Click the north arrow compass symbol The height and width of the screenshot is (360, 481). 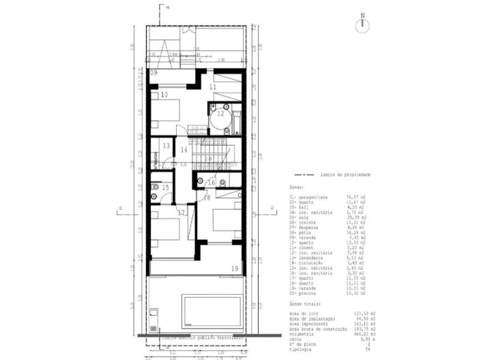point(362,24)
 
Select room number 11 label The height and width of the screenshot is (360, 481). point(212,87)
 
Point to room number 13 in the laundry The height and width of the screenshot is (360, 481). point(165,146)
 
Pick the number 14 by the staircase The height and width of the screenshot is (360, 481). point(183,150)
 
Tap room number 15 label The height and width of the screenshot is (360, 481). point(164,187)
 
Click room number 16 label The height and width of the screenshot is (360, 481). point(212,182)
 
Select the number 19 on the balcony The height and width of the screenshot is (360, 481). point(235,269)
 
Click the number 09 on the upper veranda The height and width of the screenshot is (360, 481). point(154,72)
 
